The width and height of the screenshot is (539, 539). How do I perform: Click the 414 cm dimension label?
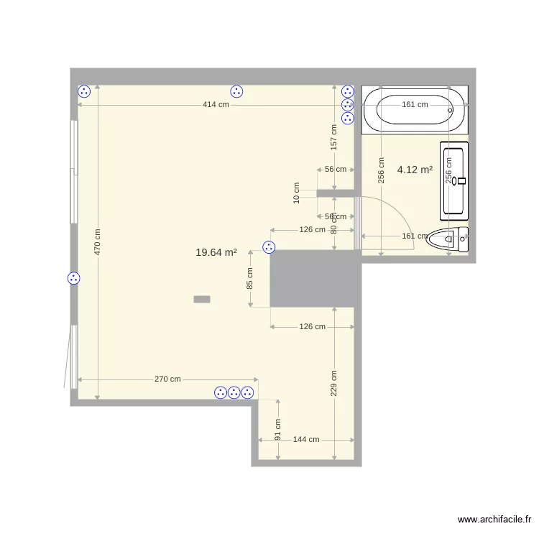coord(216,105)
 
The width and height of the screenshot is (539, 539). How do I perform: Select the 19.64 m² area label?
coord(216,252)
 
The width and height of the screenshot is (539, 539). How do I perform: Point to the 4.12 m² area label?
coord(415,170)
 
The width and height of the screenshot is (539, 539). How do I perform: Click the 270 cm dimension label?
coord(167,379)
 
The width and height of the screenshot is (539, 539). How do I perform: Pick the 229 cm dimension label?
coord(334,383)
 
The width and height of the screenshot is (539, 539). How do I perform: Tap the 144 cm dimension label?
coord(306,439)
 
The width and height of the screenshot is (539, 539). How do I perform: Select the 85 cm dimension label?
coord(250,278)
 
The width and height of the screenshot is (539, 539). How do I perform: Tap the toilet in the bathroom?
coord(448,239)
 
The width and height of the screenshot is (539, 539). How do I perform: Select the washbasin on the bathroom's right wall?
coord(454,180)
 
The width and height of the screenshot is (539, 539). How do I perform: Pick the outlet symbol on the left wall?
coord(73,278)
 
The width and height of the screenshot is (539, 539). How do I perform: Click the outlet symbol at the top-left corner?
coord(84,91)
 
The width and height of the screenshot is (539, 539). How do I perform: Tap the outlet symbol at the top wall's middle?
coord(236,91)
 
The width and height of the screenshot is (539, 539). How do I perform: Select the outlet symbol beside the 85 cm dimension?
coord(269,247)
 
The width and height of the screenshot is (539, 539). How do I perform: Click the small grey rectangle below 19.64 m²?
coord(202,298)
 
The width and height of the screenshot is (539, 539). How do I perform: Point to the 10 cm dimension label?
coord(297,193)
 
